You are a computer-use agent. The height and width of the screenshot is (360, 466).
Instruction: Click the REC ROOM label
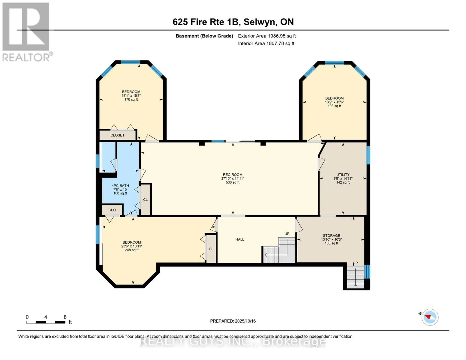[233, 175]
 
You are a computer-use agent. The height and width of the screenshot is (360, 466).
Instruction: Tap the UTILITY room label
[343, 175]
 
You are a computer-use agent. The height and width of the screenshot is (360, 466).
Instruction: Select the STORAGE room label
[331, 235]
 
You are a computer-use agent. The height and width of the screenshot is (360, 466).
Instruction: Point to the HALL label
[240, 239]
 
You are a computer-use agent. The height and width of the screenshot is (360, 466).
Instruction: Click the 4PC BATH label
[120, 186]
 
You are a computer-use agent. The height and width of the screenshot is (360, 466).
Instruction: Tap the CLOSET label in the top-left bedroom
[117, 135]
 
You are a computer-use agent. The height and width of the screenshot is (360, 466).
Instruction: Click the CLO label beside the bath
[112, 210]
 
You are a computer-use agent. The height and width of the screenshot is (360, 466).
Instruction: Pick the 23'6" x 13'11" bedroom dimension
[132, 246]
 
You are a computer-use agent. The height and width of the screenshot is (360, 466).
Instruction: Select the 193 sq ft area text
[334, 106]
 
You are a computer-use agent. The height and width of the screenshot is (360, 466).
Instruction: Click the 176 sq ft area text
[131, 100]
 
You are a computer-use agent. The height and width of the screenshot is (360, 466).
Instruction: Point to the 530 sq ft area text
[233, 182]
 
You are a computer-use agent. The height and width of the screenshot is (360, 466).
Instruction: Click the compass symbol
[430, 317]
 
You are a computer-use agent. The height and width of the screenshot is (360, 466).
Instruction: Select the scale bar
[46, 322]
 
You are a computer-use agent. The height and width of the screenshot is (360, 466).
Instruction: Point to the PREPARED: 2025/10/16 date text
[233, 321]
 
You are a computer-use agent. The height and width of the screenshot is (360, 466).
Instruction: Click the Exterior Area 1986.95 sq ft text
[267, 36]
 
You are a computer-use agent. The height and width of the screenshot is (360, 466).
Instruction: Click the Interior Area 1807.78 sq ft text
[266, 43]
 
